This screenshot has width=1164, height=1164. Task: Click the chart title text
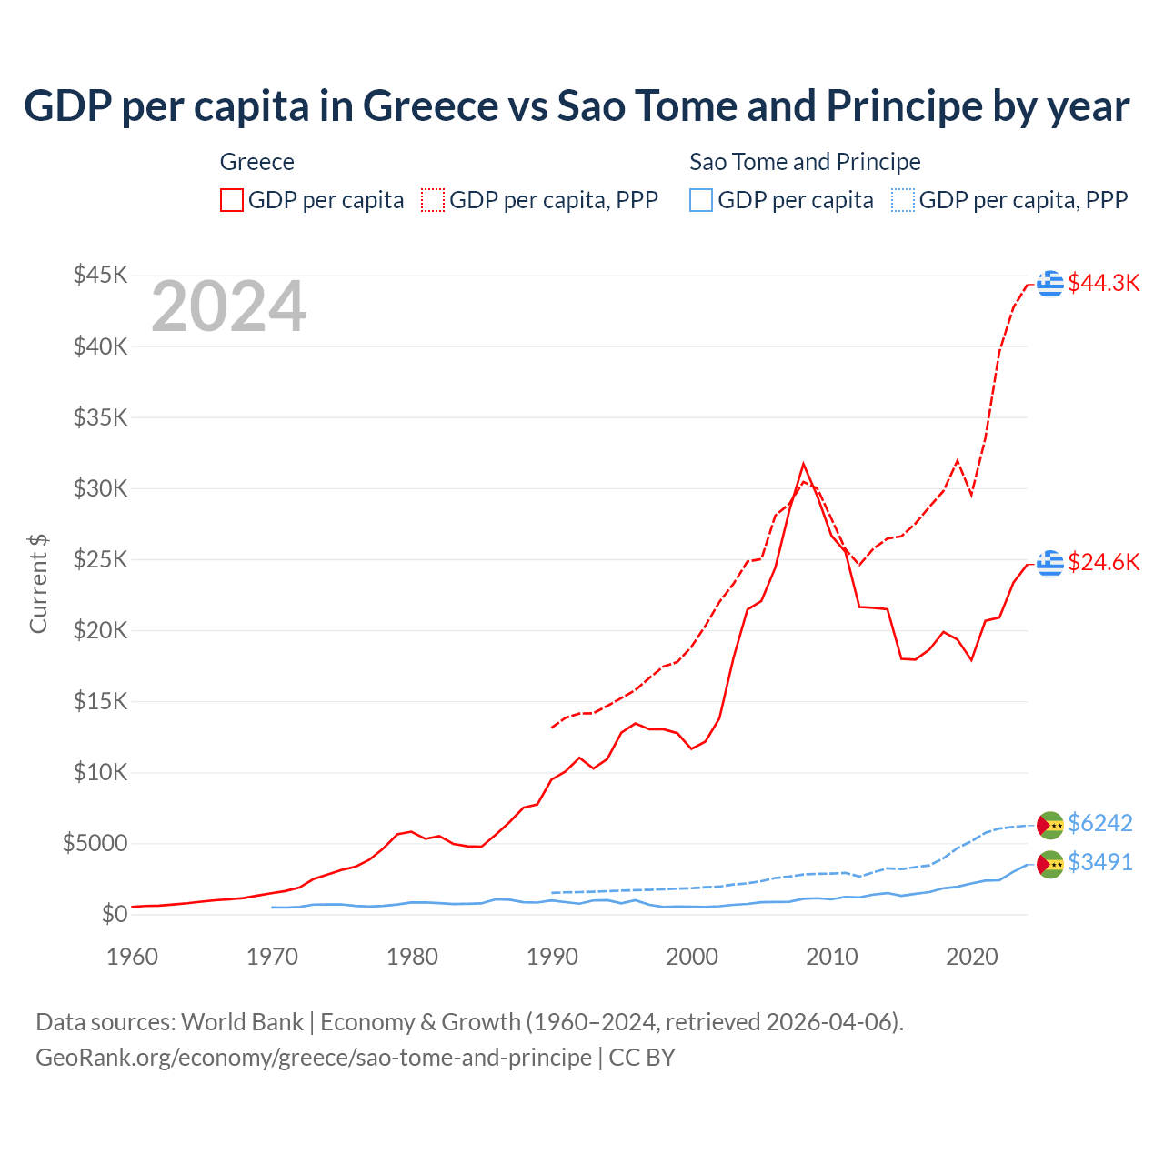point(577,106)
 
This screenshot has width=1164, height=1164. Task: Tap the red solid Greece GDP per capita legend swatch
point(232,200)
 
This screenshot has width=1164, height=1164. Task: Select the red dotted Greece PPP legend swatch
point(433,200)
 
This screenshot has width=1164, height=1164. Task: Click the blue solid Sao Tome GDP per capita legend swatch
point(701,200)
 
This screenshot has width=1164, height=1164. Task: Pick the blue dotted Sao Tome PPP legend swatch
point(902,200)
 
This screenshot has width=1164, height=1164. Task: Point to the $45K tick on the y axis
point(101,275)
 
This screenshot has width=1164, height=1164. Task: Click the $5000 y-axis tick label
point(95,843)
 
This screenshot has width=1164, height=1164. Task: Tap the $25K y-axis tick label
point(101,559)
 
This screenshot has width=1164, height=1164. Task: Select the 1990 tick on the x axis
point(552,957)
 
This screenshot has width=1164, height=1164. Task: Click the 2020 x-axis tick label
point(972,957)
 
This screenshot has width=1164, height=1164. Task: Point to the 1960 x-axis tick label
point(133,957)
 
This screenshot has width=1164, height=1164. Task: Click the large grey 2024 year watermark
point(228,307)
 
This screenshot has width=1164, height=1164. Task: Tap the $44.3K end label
point(1103,283)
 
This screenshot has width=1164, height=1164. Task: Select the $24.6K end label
point(1103,562)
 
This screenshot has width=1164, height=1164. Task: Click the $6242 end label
point(1099,823)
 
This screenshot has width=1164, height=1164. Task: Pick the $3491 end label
point(1099,862)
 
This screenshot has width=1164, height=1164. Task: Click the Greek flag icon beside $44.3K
point(1050,284)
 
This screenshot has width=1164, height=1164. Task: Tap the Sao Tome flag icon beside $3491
point(1050,864)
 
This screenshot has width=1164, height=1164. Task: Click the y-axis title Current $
point(38,584)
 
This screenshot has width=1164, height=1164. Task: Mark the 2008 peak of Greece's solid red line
point(803,464)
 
